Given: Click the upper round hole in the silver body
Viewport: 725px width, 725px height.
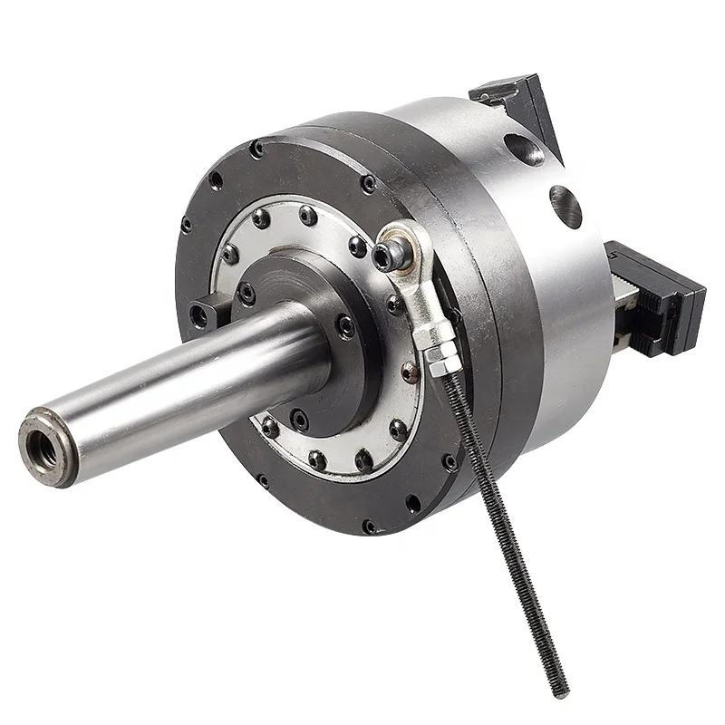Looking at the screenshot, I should (524, 150).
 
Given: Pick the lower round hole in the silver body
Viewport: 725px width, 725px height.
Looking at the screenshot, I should (566, 208).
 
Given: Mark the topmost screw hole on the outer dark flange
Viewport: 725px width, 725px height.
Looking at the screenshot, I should (257, 149).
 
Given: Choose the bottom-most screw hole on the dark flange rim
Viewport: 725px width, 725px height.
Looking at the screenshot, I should (369, 526).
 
